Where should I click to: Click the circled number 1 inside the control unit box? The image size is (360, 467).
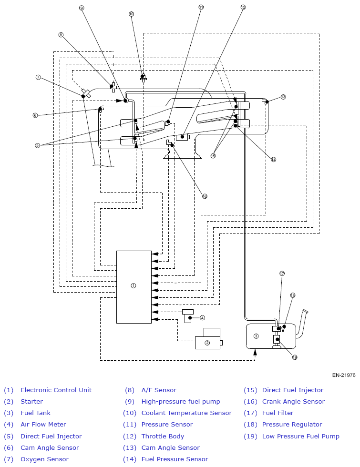(133, 285)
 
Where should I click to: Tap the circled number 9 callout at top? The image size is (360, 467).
(82, 8)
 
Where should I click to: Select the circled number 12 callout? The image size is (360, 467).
(243, 7)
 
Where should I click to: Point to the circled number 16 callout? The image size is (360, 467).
(205, 196)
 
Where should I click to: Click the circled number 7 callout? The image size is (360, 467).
(38, 77)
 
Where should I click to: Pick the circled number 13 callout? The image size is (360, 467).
(283, 97)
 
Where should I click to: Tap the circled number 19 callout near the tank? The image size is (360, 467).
(295, 357)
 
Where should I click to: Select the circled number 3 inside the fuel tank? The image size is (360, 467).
(256, 336)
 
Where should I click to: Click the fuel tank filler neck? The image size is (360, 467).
(301, 324)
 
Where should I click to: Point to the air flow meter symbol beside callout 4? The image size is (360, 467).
(188, 316)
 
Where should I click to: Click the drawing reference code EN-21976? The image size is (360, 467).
(344, 376)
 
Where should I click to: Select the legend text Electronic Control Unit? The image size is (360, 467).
(56, 390)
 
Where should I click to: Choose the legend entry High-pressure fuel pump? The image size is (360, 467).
(181, 401)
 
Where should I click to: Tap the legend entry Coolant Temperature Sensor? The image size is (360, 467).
(186, 413)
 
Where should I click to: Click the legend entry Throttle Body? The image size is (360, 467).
(163, 437)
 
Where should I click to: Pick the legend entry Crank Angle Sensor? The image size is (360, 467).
(294, 401)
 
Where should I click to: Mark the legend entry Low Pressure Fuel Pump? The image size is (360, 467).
(301, 437)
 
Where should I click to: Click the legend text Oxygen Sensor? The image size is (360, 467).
(45, 459)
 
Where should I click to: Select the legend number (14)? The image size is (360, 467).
(130, 459)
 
